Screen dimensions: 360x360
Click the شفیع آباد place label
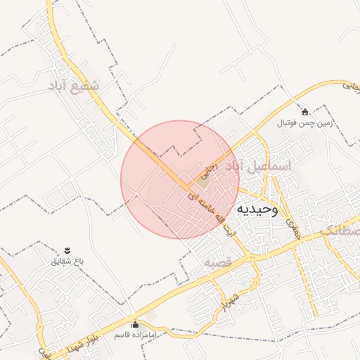(75, 85)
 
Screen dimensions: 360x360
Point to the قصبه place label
(218, 262)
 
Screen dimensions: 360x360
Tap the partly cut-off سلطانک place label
(341, 230)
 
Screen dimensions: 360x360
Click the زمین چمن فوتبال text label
(304, 124)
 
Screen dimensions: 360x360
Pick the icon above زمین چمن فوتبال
(304, 112)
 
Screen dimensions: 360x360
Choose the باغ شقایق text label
(67, 261)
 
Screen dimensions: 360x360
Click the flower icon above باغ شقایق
(67, 250)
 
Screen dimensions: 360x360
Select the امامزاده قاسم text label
(136, 335)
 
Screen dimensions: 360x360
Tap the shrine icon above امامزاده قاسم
(136, 325)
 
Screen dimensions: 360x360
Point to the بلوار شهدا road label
(82, 345)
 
